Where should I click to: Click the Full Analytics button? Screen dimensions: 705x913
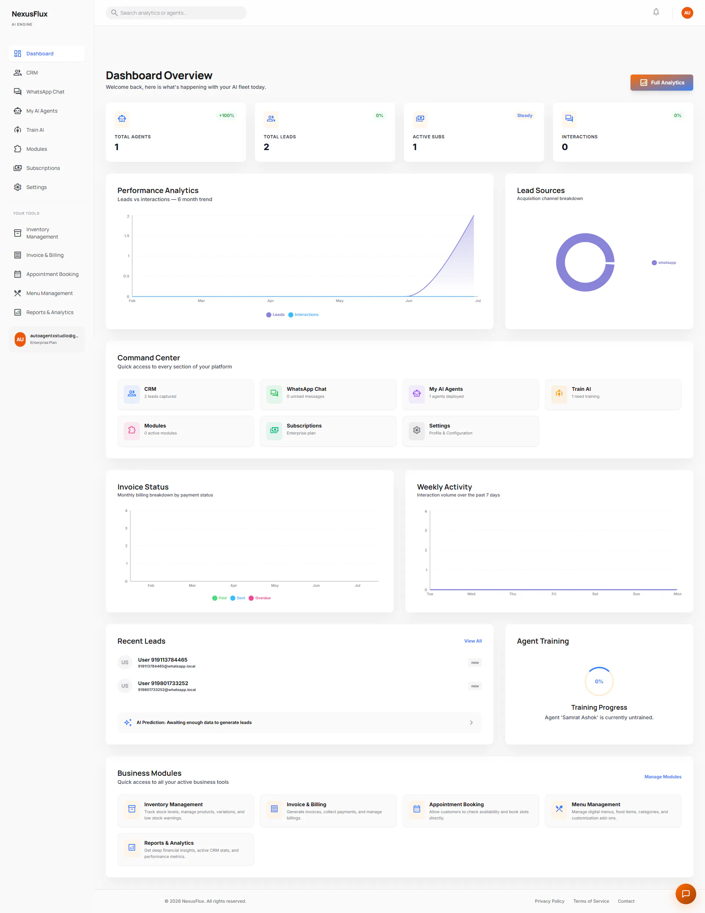tap(661, 82)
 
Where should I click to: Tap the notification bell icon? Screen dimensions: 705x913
tap(656, 12)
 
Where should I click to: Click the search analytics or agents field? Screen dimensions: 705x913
tap(176, 13)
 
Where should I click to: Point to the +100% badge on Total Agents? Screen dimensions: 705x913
tap(226, 115)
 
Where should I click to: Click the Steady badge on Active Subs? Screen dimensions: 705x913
tap(525, 115)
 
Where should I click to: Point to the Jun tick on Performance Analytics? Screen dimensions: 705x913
tap(409, 301)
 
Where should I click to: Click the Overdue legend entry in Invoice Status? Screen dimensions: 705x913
tap(260, 598)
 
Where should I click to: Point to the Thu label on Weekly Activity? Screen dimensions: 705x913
tap(513, 594)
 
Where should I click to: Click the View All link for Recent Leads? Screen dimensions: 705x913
tap(473, 641)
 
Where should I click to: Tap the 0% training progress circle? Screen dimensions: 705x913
tap(599, 681)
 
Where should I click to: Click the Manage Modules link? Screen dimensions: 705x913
tap(663, 777)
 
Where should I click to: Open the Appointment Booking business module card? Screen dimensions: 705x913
tap(471, 811)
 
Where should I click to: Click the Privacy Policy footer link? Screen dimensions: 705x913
tap(549, 901)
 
